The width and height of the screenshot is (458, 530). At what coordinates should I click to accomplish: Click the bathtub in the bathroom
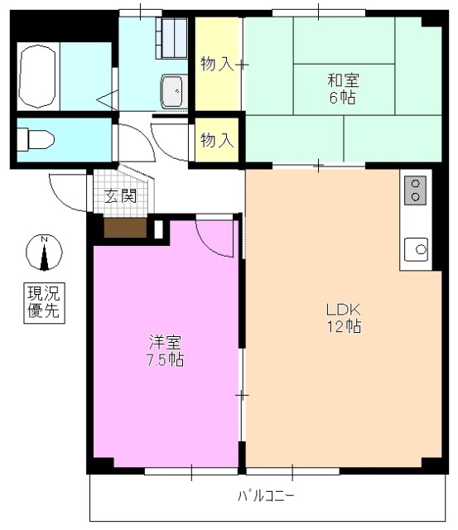[x=38, y=76]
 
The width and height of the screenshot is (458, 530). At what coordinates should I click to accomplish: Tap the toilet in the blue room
[x=36, y=139]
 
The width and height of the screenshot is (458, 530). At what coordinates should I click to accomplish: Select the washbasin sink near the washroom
[x=174, y=90]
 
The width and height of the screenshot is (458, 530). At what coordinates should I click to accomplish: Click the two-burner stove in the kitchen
[x=415, y=190]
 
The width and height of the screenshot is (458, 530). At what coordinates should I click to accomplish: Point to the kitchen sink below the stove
[x=415, y=248]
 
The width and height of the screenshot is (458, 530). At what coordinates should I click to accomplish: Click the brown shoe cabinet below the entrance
[x=124, y=227]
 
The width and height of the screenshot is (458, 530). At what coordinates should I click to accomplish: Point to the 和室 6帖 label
[x=341, y=89]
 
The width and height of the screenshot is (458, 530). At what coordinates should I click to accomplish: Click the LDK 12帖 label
[x=341, y=318]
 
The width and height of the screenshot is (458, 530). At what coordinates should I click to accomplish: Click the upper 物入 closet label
[x=217, y=63]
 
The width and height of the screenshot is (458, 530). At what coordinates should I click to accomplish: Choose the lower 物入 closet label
[x=217, y=140]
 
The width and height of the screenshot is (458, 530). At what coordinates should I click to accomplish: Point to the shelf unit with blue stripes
[x=174, y=38]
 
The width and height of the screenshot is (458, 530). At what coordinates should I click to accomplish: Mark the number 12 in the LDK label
[x=334, y=326]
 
